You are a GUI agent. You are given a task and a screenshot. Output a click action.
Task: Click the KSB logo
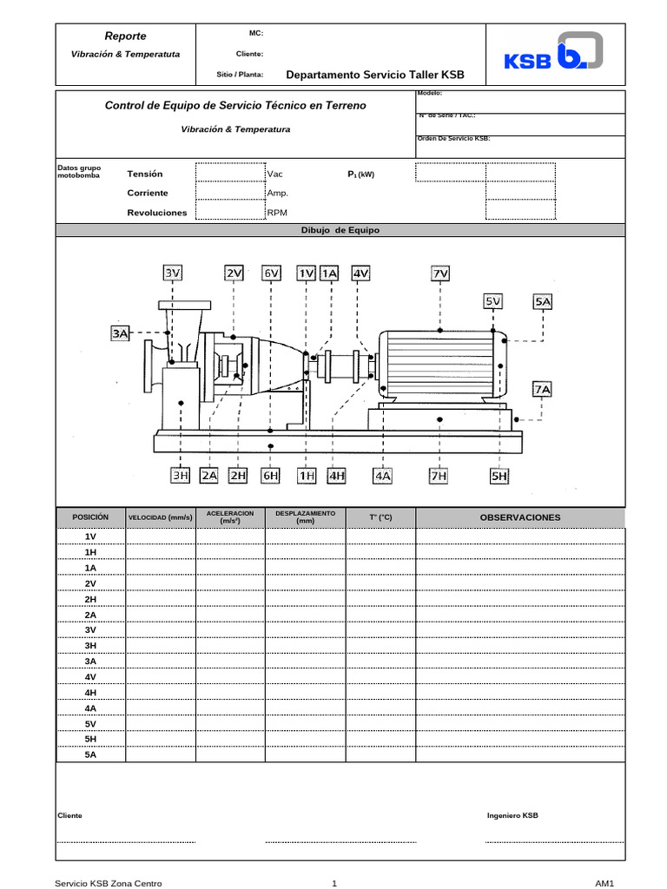[553, 54]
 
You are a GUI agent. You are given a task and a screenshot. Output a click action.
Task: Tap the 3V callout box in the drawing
[173, 273]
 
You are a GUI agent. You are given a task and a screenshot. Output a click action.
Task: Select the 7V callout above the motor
[440, 273]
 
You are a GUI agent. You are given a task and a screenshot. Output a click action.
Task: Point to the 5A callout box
[543, 301]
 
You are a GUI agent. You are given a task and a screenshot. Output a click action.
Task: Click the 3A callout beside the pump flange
[121, 333]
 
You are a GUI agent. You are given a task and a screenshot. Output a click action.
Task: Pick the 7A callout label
[543, 389]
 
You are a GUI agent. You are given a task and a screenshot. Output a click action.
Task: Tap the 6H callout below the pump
[272, 475]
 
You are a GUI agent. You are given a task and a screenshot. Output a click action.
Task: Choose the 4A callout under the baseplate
[383, 475]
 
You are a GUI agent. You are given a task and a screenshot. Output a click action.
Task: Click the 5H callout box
[499, 475]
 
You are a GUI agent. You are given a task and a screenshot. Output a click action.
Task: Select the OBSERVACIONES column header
[520, 517]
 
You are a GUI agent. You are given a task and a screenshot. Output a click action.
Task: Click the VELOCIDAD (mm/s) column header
[161, 517]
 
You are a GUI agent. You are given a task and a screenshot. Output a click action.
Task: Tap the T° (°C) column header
[380, 517]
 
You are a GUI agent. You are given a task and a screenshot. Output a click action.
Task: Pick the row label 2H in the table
[90, 599]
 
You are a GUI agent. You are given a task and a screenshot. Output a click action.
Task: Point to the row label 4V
[90, 676]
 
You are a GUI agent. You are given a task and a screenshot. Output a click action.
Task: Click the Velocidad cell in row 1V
[161, 537]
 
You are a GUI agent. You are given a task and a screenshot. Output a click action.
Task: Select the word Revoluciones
[156, 213]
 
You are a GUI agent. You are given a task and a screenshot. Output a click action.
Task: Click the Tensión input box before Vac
[230, 174]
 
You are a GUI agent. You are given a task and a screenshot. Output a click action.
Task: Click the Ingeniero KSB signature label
[512, 816]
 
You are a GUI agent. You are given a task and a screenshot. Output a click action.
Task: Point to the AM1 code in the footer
[604, 883]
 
